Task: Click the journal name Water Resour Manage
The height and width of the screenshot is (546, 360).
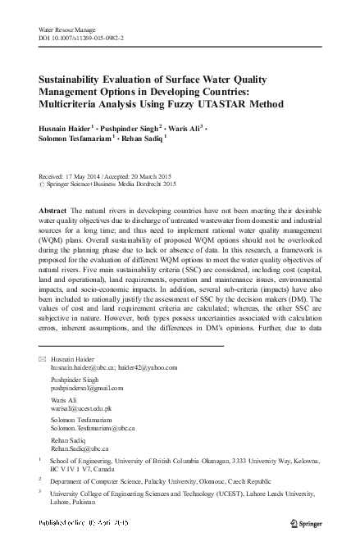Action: pyautogui.click(x=66, y=30)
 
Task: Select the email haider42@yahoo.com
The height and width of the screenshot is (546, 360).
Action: pyautogui.click(x=144, y=370)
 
